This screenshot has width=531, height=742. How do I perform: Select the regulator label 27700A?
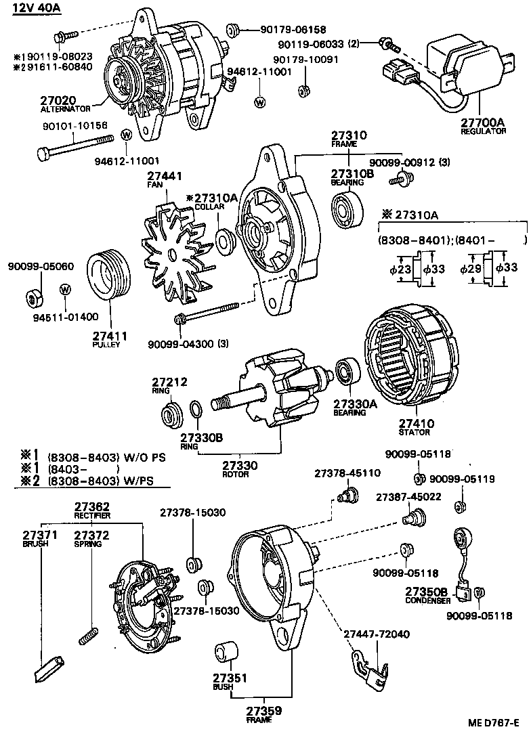click(483, 122)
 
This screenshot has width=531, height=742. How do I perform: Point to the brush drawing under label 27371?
click(46, 669)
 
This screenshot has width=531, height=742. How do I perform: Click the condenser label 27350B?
click(427, 592)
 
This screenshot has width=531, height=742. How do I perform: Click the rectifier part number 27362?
click(91, 506)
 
